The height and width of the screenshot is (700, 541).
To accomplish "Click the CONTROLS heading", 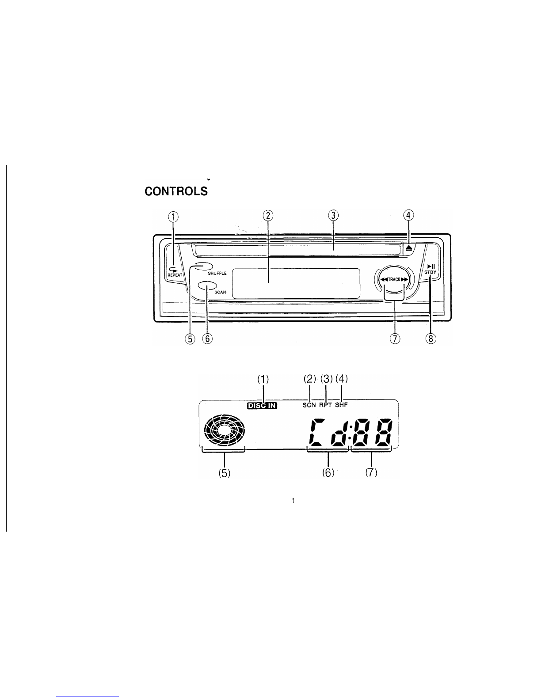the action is pyautogui.click(x=176, y=191).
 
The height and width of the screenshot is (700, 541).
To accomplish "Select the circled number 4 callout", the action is pyautogui.click(x=408, y=215).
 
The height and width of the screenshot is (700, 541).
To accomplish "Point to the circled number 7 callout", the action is pyautogui.click(x=394, y=339).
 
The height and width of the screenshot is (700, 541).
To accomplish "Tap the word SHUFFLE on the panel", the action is pyautogui.click(x=217, y=273).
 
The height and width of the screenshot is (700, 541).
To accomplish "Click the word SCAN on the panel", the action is pyautogui.click(x=220, y=292).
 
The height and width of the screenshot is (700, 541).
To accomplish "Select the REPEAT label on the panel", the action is pyautogui.click(x=175, y=275).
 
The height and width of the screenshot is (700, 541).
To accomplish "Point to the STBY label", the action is pyautogui.click(x=430, y=272).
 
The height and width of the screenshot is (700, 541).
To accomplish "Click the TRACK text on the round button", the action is pyautogui.click(x=394, y=280).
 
